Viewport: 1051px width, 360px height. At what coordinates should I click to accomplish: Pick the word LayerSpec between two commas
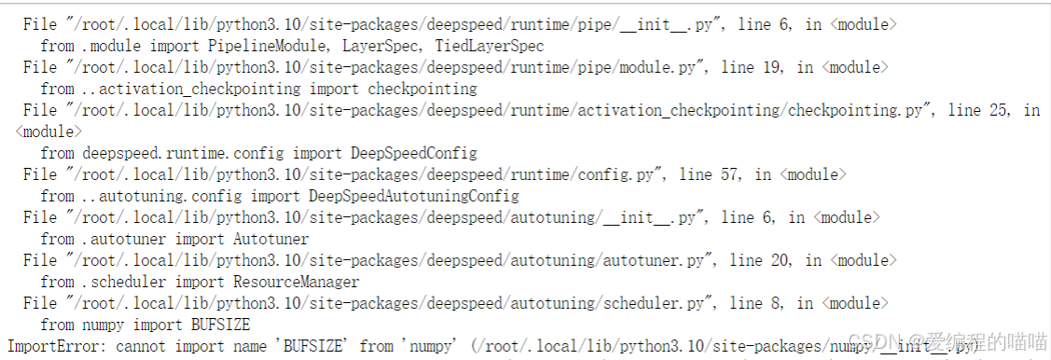click(x=393, y=46)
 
